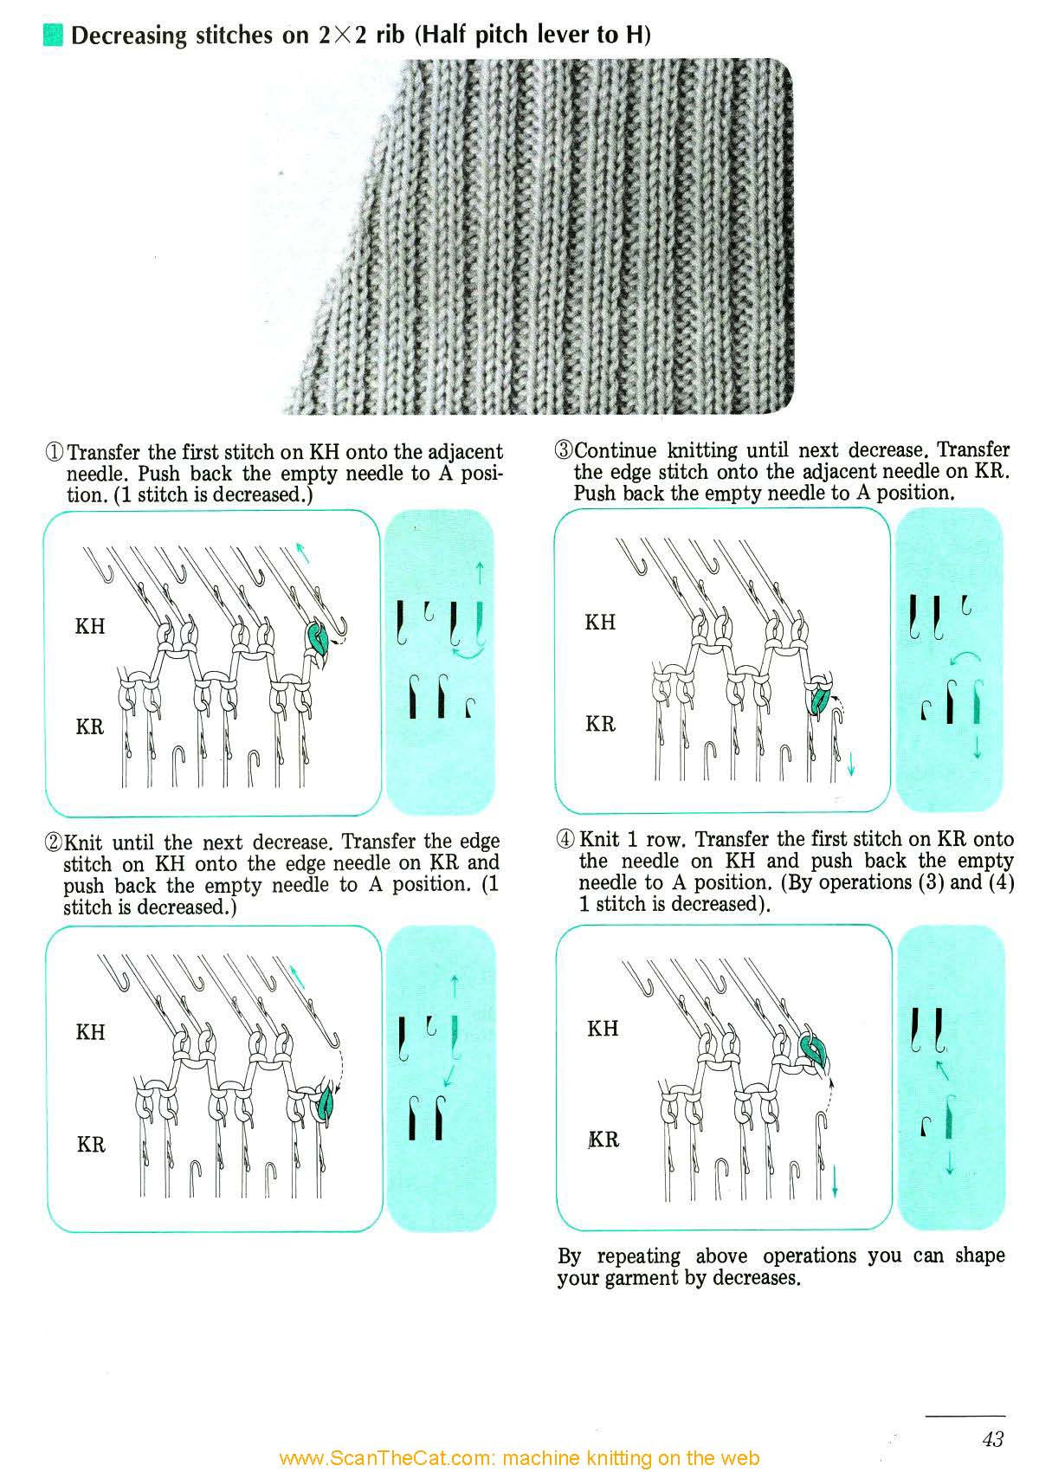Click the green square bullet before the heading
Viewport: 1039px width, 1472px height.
pyautogui.click(x=53, y=36)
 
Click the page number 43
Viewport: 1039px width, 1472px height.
pyautogui.click(x=993, y=1438)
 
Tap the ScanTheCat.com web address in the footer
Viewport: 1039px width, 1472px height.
pyautogui.click(x=519, y=1458)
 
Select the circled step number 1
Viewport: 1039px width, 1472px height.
pyautogui.click(x=55, y=453)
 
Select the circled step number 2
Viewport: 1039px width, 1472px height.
pyautogui.click(x=54, y=843)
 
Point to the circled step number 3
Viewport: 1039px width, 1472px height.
pyautogui.click(x=564, y=450)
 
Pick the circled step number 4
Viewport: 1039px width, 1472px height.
pyautogui.click(x=565, y=839)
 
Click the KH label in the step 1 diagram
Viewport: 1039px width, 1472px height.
pyautogui.click(x=90, y=626)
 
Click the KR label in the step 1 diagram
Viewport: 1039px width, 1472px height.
pyautogui.click(x=90, y=726)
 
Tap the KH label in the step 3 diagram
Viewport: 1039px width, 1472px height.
pyautogui.click(x=600, y=623)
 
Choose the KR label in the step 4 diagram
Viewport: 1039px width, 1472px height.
pyautogui.click(x=603, y=1140)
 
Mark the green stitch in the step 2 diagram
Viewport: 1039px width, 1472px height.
pyautogui.click(x=327, y=1104)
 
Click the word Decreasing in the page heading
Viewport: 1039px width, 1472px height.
pyautogui.click(x=129, y=36)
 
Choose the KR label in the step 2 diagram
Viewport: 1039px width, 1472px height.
pyautogui.click(x=91, y=1145)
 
